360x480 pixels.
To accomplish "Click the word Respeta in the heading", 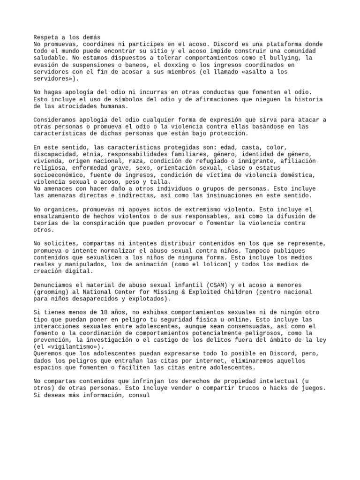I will point(45,37).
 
